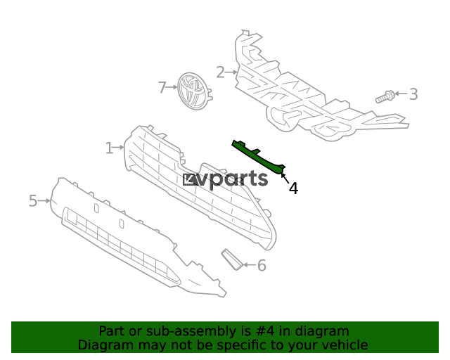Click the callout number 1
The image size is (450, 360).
coord(109,148)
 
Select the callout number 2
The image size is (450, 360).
coord(220,72)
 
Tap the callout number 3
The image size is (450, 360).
coord(413,94)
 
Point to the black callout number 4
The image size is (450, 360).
coord(293,188)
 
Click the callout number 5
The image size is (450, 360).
coord(33,202)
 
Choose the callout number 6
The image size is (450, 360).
coord(262,266)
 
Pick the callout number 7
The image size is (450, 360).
coord(162,87)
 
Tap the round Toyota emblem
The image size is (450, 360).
coord(194,91)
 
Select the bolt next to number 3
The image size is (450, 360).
coord(384,96)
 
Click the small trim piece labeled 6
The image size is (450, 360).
coord(231,259)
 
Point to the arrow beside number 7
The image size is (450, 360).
coord(172,87)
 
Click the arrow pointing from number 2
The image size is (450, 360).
coord(231,72)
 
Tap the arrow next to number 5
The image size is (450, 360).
coord(45,201)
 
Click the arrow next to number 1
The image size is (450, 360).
coord(120,148)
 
